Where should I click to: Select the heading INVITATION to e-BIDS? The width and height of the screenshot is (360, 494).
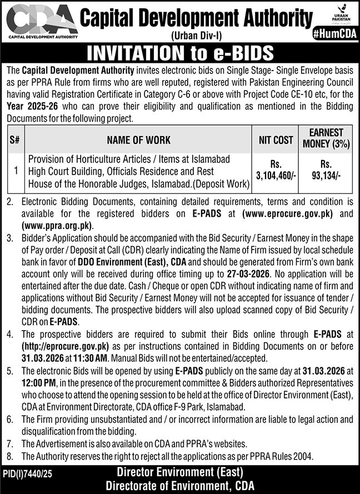(180, 53)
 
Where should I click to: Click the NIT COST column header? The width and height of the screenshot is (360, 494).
(276, 140)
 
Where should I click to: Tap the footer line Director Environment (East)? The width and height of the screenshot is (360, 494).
(180, 472)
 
